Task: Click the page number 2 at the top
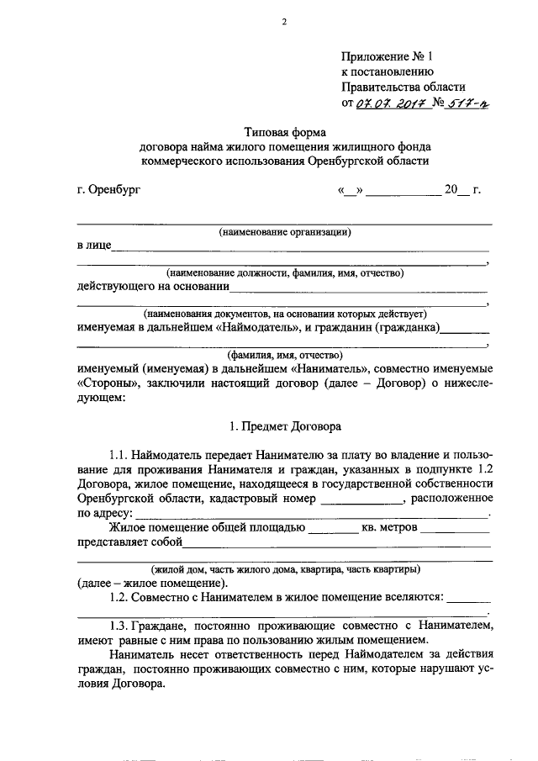pyautogui.click(x=284, y=22)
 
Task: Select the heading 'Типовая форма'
pyautogui.click(x=284, y=132)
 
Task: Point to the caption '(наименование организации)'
pyautogui.click(x=284, y=231)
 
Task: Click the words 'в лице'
pyautogui.click(x=93, y=246)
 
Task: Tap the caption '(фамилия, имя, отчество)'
pyautogui.click(x=284, y=354)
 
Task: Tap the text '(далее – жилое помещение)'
pyautogui.click(x=151, y=583)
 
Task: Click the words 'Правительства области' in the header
pyautogui.click(x=403, y=87)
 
